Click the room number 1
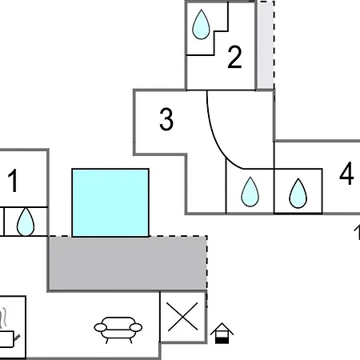click(13, 181)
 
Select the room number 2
click(234, 57)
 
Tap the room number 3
click(166, 119)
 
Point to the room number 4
click(346, 174)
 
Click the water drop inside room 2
click(201, 25)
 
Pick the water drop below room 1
click(26, 222)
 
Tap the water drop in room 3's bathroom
click(250, 192)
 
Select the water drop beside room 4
click(298, 194)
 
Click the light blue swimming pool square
click(110, 202)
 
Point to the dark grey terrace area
click(127, 263)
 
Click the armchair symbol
click(118, 330)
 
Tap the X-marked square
click(183, 317)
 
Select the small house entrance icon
click(222, 334)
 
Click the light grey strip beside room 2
click(266, 46)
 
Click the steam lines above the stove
click(3, 318)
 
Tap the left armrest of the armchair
click(100, 327)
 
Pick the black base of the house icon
click(222, 341)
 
